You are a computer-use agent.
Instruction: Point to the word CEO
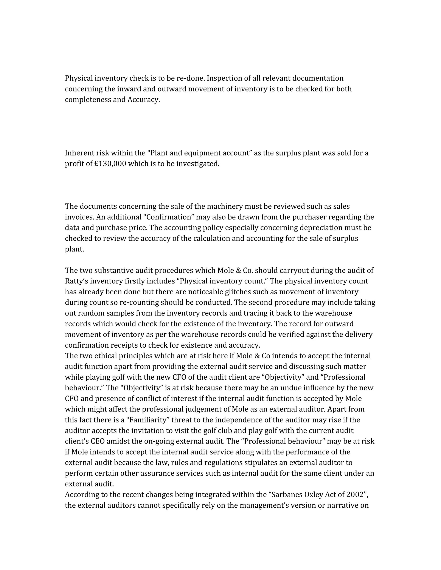98,441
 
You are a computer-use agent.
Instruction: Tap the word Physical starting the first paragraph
79,78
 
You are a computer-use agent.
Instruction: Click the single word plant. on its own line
75,249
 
